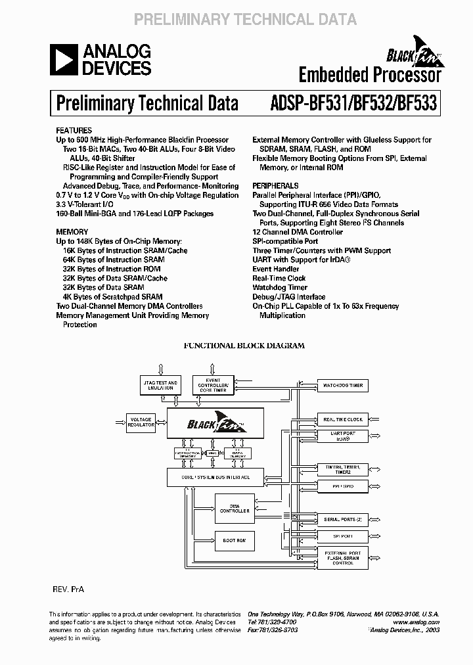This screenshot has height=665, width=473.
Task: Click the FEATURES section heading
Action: [74, 131]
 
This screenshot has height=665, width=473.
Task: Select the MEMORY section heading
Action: [72, 232]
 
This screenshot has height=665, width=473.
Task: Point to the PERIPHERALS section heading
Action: [275, 186]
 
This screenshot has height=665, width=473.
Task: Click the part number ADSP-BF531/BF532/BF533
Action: [353, 103]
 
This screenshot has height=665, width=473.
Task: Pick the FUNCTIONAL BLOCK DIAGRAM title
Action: [243, 345]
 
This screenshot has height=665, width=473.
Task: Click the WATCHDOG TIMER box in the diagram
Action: [342, 386]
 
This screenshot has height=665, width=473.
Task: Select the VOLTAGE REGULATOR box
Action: [141, 422]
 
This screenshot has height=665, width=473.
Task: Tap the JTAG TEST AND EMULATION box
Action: [160, 386]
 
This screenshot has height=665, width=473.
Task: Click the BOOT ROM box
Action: [233, 540]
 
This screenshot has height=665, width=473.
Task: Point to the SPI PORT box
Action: [342, 536]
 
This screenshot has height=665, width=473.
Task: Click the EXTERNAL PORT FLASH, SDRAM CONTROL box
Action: [342, 559]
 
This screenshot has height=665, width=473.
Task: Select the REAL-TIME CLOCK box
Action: [342, 419]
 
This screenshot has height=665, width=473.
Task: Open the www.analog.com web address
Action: [418, 621]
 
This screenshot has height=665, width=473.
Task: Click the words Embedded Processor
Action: [369, 75]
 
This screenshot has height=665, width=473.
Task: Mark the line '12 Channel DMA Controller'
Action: [298, 232]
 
